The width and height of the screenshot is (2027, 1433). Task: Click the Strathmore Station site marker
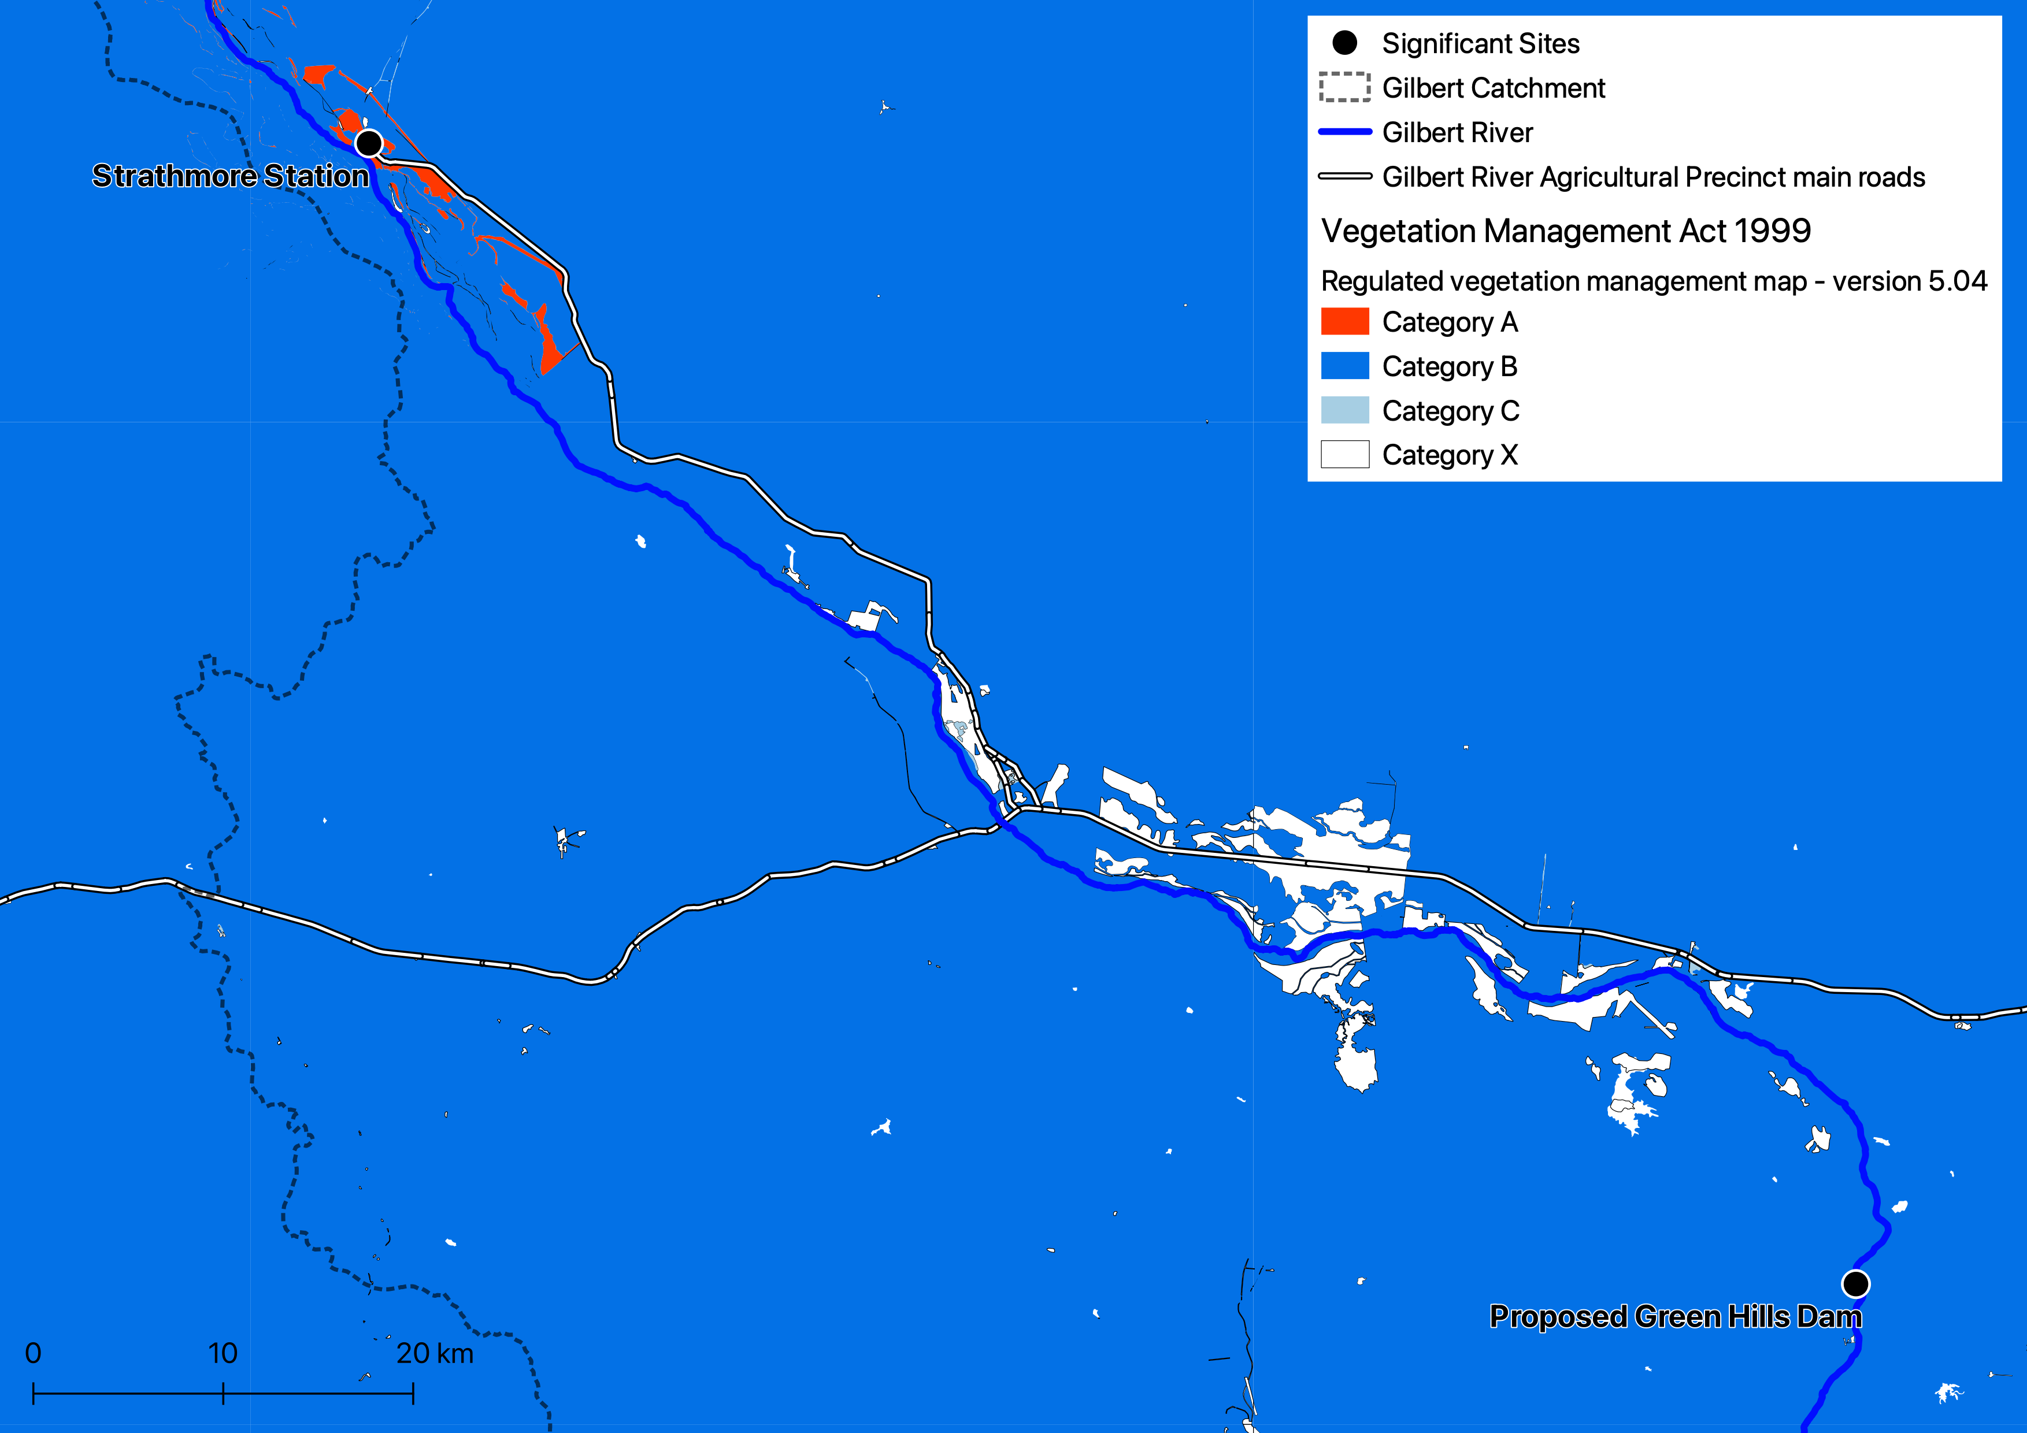pos(369,142)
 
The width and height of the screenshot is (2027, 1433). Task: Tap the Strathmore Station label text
pos(231,176)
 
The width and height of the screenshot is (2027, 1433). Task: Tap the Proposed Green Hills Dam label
pos(1675,1316)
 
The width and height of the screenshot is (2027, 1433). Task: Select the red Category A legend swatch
pos(1344,321)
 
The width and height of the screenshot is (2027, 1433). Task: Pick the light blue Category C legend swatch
pos(1344,410)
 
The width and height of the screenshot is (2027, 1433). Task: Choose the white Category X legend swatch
pos(1344,454)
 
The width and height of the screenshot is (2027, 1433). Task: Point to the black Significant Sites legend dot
pos(1344,42)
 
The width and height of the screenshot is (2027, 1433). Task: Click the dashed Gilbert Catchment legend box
pos(1344,87)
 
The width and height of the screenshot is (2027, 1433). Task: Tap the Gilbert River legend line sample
pos(1344,132)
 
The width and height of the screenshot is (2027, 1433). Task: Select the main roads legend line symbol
pos(1344,176)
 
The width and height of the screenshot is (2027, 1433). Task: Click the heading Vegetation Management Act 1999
pos(1565,231)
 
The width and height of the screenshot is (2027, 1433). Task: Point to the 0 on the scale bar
pos(34,1353)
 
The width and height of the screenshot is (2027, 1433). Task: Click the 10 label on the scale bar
pos(223,1353)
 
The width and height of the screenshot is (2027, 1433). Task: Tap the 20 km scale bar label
pos(435,1353)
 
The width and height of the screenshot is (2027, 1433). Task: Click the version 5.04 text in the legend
pos(1910,281)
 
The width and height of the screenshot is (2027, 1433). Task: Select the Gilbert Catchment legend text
pos(1493,88)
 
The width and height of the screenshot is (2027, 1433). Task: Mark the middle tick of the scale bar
pos(223,1393)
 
